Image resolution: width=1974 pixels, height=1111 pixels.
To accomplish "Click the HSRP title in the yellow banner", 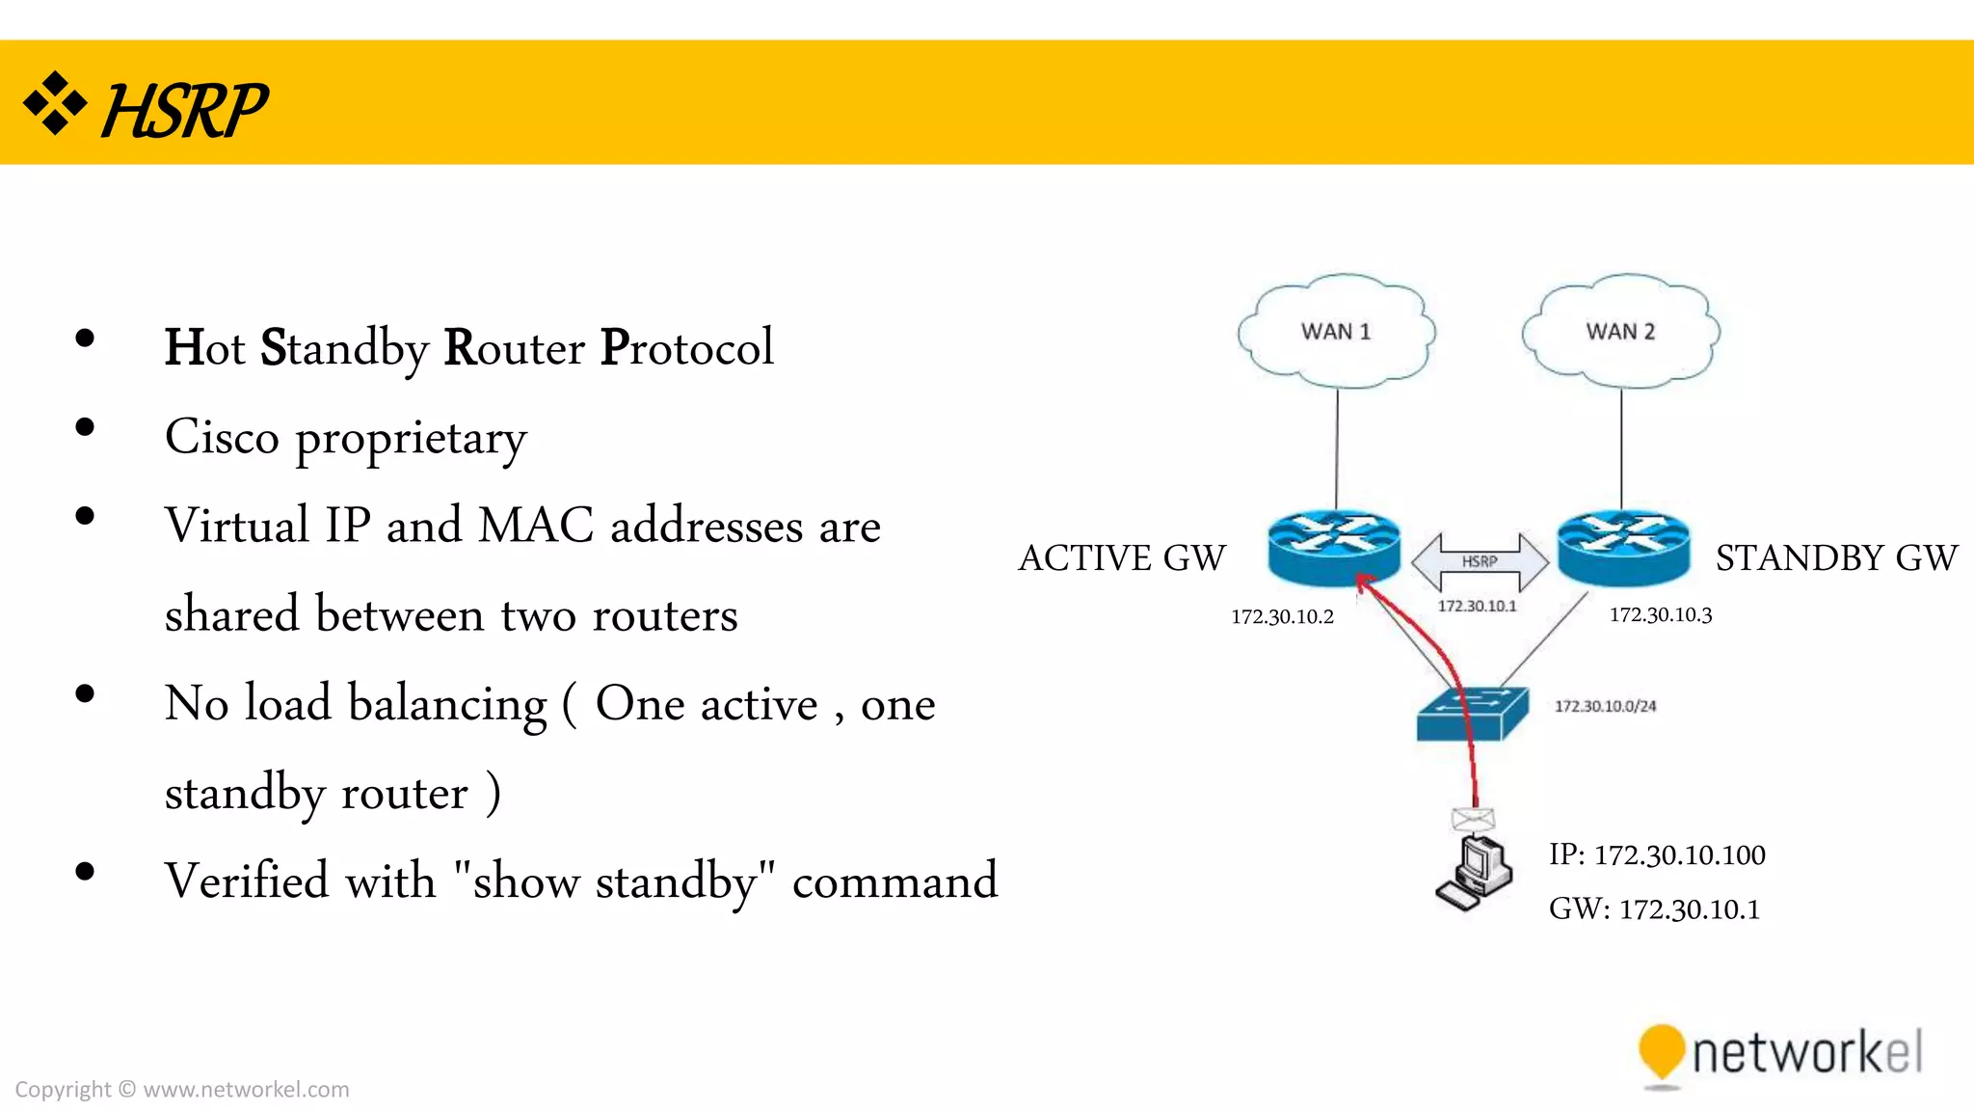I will pyautogui.click(x=183, y=111).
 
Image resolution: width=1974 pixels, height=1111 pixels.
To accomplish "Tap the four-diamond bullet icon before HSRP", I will pyautogui.click(x=55, y=102).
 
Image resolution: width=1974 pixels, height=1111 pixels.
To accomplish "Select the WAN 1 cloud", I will pyautogui.click(x=1336, y=332).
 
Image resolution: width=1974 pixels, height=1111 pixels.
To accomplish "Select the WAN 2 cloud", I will pyautogui.click(x=1620, y=332).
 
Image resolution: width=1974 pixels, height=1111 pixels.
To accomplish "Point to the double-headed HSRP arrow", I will pyautogui.click(x=1480, y=561).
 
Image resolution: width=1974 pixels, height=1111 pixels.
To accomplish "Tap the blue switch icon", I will pyautogui.click(x=1472, y=714).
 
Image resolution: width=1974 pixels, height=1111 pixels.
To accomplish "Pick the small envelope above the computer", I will pyautogui.click(x=1473, y=820).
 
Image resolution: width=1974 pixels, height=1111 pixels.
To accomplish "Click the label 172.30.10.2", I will pyautogui.click(x=1282, y=617).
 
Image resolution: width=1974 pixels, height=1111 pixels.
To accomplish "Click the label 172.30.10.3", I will pyautogui.click(x=1660, y=615).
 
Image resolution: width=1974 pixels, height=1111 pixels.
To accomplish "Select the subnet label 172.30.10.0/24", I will pyautogui.click(x=1605, y=706).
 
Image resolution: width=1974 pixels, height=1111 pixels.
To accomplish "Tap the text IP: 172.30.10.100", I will pyautogui.click(x=1657, y=854).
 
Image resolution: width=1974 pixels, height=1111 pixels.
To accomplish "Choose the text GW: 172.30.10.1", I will pyautogui.click(x=1654, y=908).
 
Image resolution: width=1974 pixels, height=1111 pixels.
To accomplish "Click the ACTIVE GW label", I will pyautogui.click(x=1121, y=558).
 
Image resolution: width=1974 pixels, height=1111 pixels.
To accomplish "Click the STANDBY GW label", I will pyautogui.click(x=1836, y=558).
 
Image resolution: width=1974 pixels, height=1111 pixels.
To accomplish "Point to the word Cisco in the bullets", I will pyautogui.click(x=222, y=437).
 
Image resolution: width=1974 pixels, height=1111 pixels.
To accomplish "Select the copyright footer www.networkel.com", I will pyautogui.click(x=246, y=1090).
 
